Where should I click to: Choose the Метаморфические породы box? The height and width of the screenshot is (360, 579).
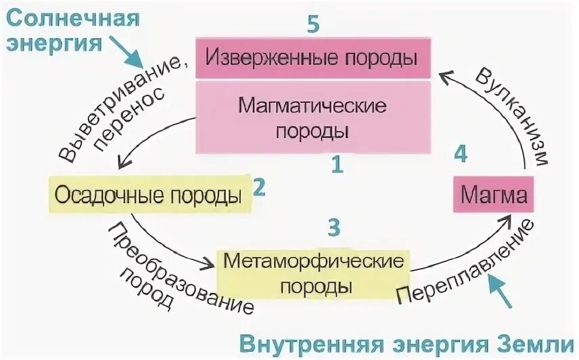pyautogui.click(x=312, y=272)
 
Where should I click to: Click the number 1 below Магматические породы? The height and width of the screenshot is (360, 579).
pyautogui.click(x=336, y=164)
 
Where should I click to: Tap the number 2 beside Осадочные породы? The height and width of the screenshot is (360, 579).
pyautogui.click(x=257, y=187)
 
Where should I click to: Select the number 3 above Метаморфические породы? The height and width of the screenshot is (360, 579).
pyautogui.click(x=333, y=227)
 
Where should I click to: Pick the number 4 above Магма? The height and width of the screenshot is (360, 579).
pyautogui.click(x=461, y=154)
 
